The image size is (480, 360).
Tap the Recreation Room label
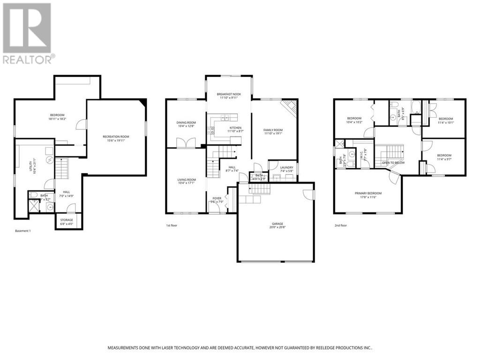116,136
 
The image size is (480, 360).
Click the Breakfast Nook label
229,94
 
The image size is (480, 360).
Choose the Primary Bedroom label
368,193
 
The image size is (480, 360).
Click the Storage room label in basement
67,219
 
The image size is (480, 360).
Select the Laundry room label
286,167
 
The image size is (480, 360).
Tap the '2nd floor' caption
340,225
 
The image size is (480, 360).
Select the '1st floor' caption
172,225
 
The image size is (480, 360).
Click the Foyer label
217,198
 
